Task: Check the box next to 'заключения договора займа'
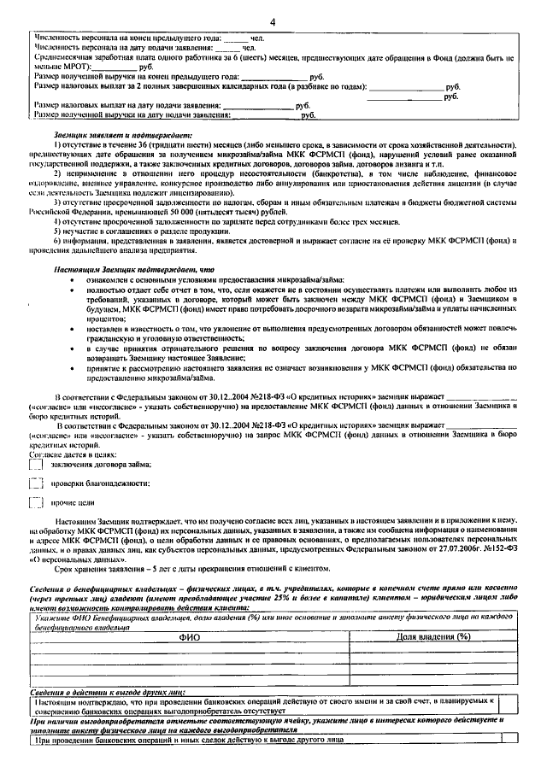[36, 464]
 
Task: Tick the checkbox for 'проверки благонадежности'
[36, 484]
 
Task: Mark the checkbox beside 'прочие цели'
[36, 505]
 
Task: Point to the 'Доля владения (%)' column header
[433, 636]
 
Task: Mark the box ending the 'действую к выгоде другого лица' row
[510, 740]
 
